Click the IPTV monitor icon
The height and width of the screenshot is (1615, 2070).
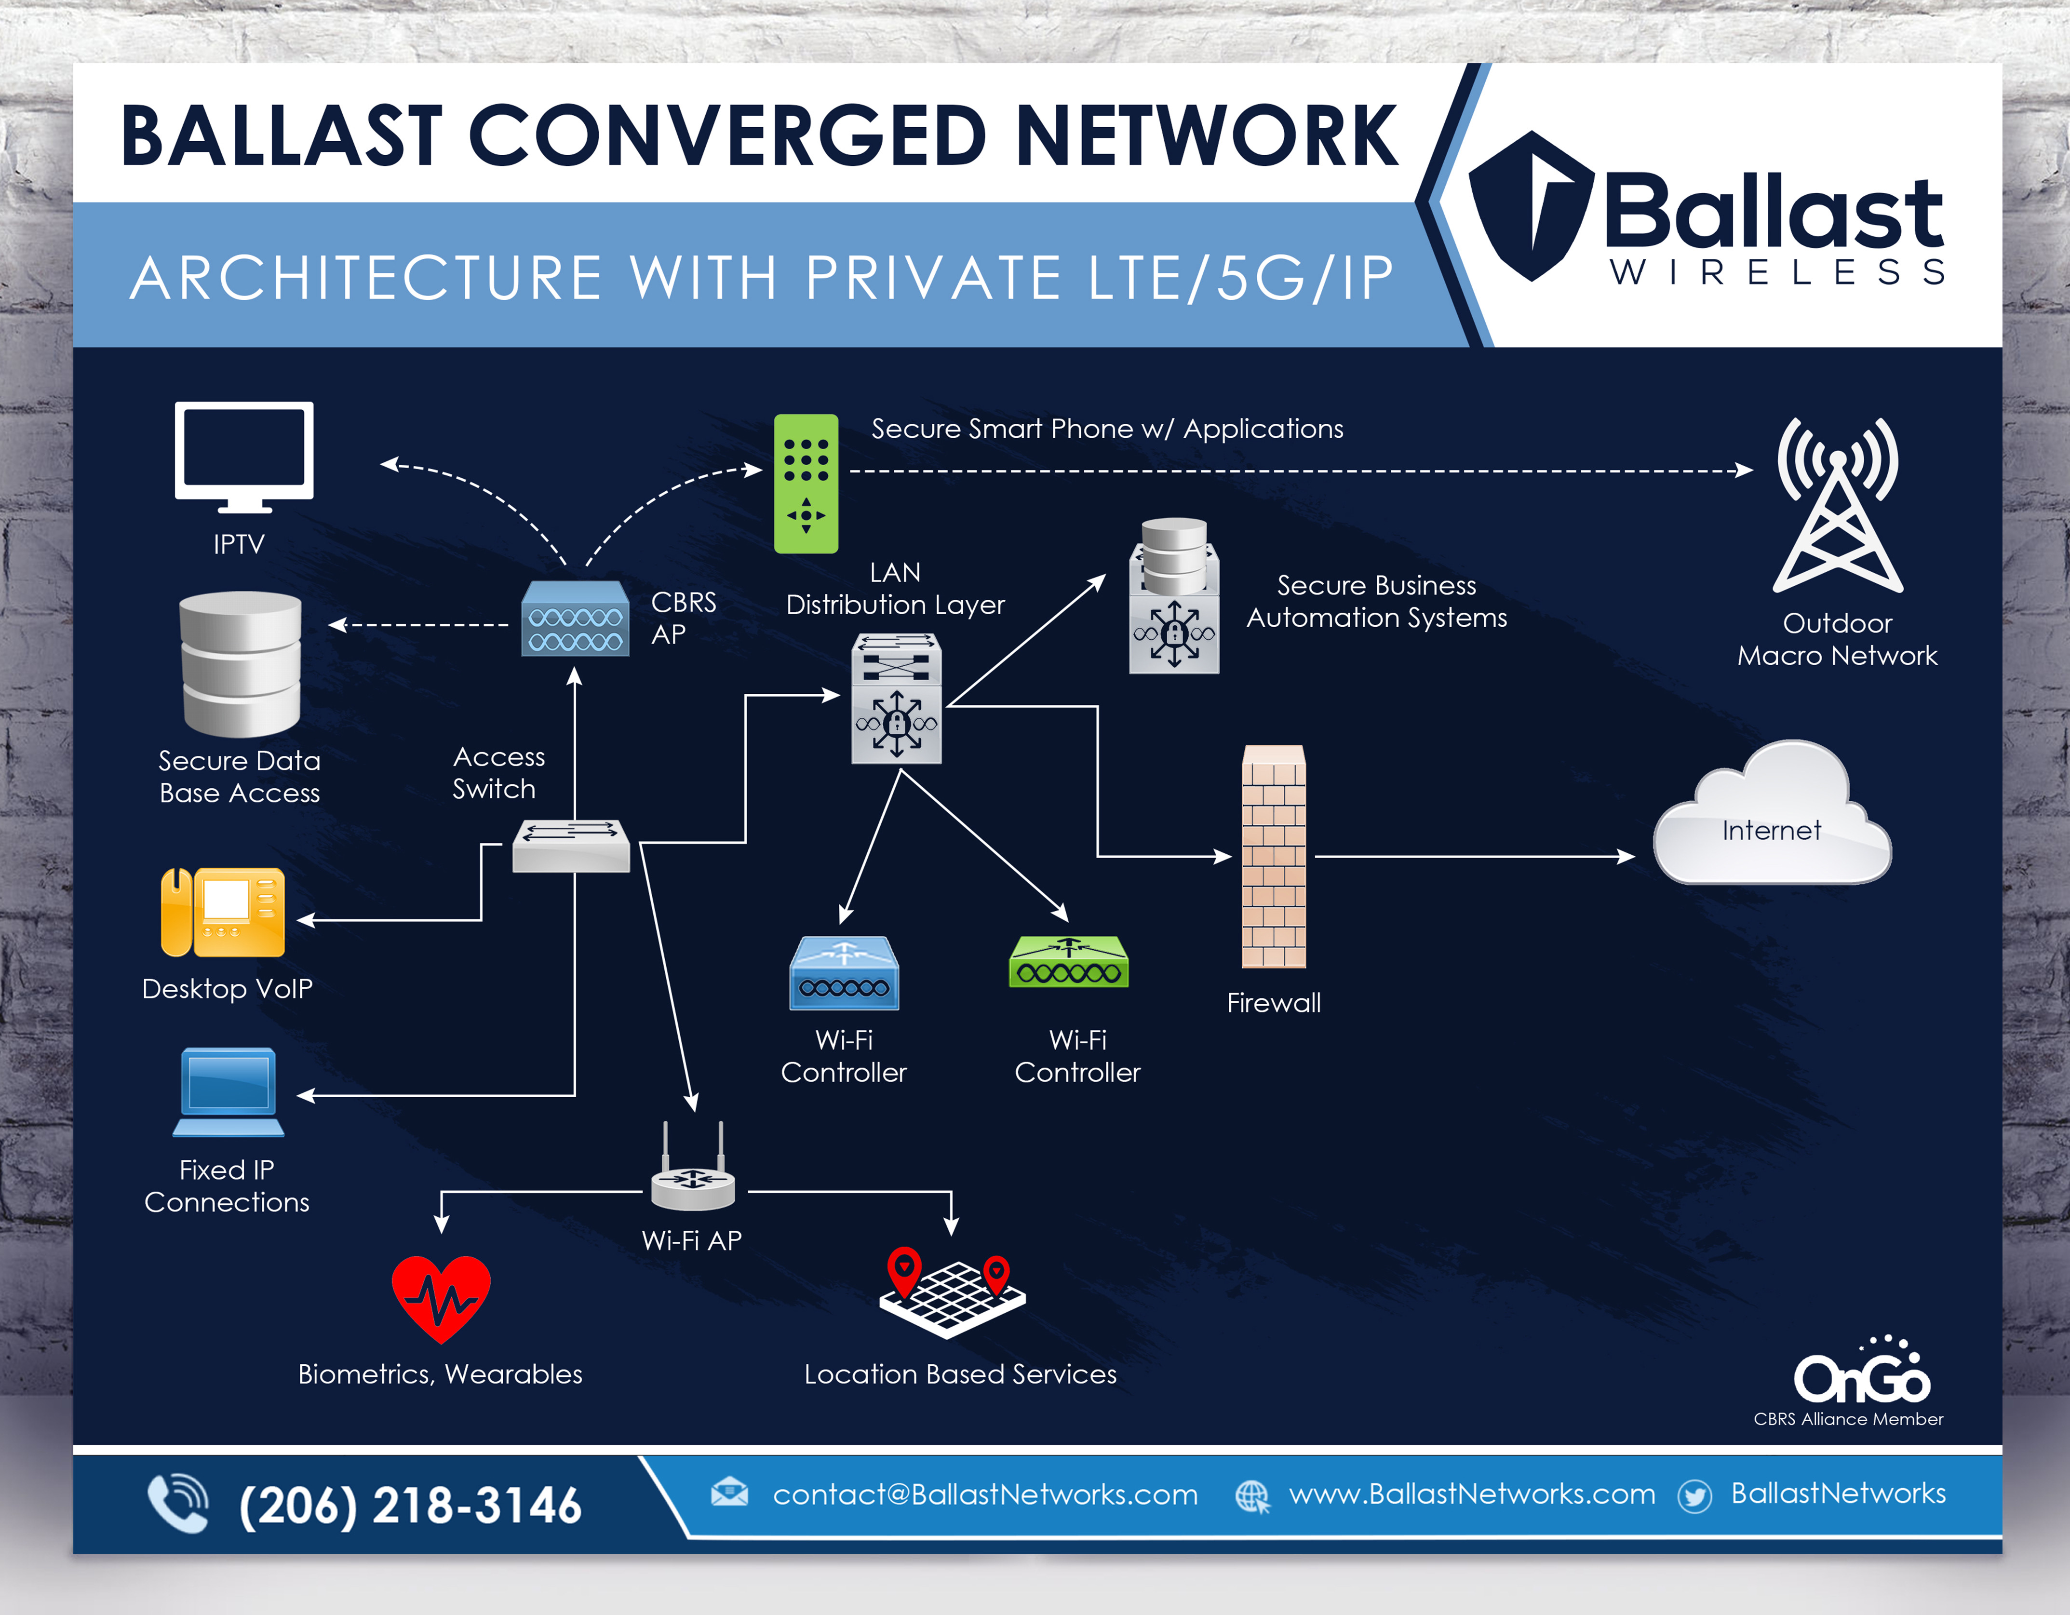[243, 453]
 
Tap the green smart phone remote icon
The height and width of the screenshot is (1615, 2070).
[806, 484]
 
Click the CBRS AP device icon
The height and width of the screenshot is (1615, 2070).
[574, 618]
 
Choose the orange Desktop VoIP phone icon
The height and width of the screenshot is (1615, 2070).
[223, 912]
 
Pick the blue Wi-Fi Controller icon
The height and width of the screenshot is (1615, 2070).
[844, 973]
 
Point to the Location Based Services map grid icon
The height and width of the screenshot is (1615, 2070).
[952, 1291]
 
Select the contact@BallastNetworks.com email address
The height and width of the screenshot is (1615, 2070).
[985, 1494]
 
